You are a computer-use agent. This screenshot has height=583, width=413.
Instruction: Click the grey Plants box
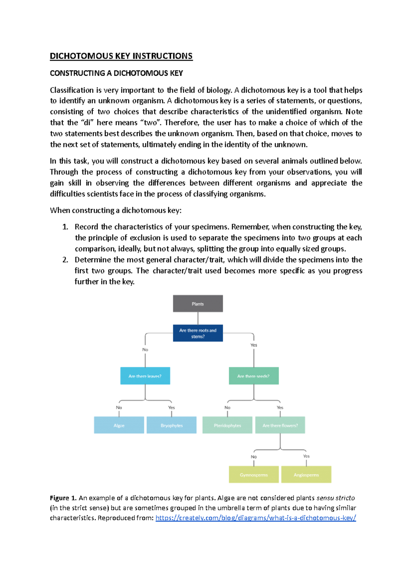coord(198,304)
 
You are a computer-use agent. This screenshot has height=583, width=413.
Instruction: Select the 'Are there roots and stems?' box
coord(198,333)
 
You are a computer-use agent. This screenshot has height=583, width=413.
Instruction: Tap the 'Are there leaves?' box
coord(145,376)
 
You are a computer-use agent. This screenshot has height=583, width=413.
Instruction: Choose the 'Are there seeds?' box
coord(254,376)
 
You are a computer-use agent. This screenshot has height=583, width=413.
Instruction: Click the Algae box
coord(119,425)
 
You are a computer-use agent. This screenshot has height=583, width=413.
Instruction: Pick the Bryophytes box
coord(171,425)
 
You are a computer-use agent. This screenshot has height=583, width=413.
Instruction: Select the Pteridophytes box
coord(227,425)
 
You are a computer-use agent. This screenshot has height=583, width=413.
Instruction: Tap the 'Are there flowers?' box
coord(280,425)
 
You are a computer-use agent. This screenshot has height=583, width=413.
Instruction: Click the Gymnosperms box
coord(254,475)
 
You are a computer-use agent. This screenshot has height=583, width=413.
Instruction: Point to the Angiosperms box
coord(306,475)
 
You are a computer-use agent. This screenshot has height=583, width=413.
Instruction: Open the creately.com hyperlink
coord(255,518)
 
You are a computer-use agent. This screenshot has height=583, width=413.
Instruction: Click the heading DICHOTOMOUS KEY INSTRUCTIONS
coord(121,56)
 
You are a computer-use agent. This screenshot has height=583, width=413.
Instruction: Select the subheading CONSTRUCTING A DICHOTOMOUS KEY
coord(116,73)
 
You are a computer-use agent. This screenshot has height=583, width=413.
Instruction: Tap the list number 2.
coord(65,260)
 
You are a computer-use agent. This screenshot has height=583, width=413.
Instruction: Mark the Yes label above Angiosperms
coord(306,456)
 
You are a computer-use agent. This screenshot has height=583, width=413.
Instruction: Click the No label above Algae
coord(119,407)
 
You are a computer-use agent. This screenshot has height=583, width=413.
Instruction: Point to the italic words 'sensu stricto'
coord(335,498)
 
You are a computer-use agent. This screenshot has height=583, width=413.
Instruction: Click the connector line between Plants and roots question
coord(198,318)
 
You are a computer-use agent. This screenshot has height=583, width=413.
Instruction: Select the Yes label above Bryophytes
coord(171,407)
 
